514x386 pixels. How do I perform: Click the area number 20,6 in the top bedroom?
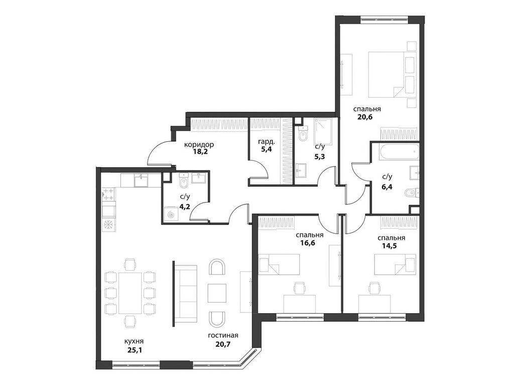pyautogui.click(x=365, y=117)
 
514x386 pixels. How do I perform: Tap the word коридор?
pyautogui.click(x=199, y=144)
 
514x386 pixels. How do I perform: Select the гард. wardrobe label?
pyautogui.click(x=267, y=142)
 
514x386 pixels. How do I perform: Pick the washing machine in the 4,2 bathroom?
pyautogui.click(x=171, y=214)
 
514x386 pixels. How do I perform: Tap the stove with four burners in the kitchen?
pyautogui.click(x=108, y=194)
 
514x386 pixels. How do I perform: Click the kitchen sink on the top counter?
pyautogui.click(x=141, y=180)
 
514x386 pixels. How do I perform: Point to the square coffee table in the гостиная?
pyautogui.click(x=217, y=293)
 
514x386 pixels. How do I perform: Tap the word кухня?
pyautogui.click(x=134, y=341)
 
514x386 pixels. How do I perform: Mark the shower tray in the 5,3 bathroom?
pyautogui.click(x=323, y=132)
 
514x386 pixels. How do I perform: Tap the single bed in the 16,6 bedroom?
pyautogui.click(x=279, y=264)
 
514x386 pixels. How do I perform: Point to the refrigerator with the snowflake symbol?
pyautogui.click(x=108, y=225)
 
